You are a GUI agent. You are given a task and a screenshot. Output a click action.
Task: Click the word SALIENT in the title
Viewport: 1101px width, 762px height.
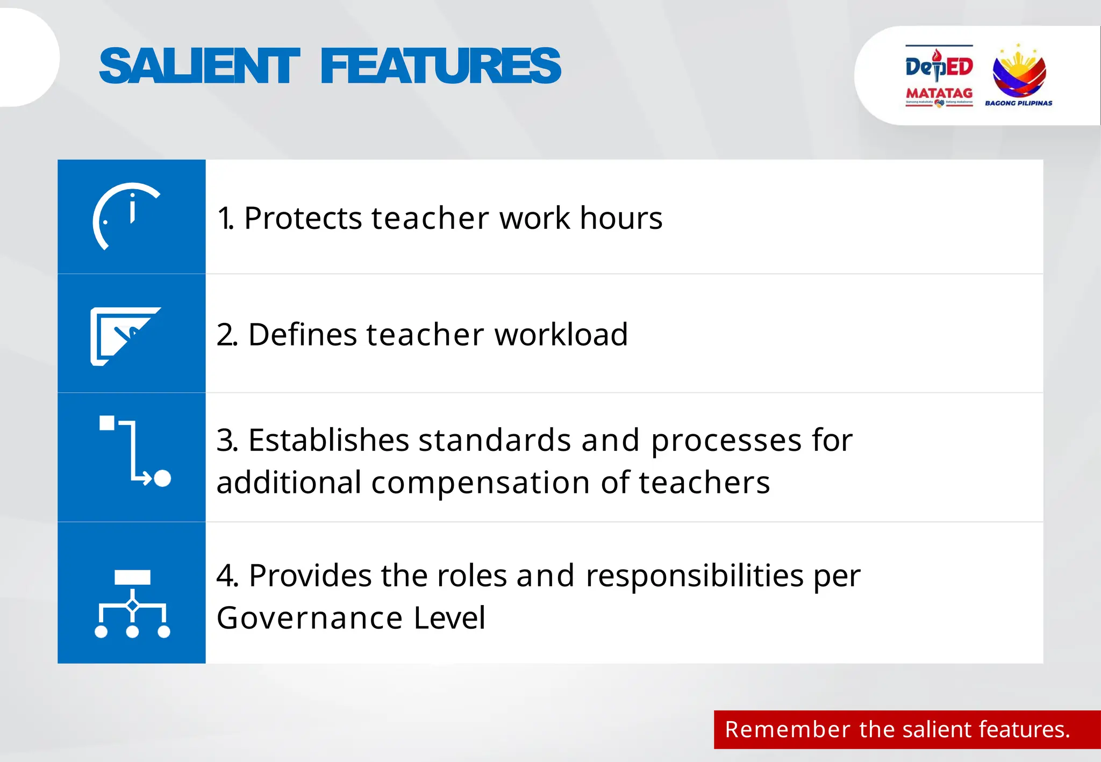[199, 66]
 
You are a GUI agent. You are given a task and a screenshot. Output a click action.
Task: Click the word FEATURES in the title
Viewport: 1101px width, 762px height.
[440, 66]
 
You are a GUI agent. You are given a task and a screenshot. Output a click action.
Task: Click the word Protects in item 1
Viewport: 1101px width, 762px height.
[303, 219]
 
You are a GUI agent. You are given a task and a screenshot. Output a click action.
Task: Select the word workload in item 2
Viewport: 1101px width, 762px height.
[561, 335]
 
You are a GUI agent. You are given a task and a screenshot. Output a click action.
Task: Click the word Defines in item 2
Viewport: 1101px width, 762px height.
[303, 335]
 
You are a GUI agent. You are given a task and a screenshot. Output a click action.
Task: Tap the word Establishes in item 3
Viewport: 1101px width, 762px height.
[328, 441]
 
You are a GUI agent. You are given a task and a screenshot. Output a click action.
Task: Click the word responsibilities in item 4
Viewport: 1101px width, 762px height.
[694, 576]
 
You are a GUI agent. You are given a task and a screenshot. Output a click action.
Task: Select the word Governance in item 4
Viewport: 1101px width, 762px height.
[310, 618]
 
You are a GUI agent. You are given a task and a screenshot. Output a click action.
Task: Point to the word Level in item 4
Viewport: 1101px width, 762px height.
[449, 618]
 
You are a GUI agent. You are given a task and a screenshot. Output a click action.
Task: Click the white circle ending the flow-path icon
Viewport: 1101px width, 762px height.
[162, 478]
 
